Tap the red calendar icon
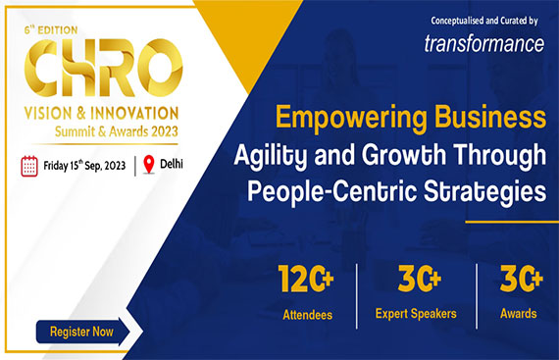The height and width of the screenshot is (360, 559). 29,165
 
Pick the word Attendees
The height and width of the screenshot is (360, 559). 308,314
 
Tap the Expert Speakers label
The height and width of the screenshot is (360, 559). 415,314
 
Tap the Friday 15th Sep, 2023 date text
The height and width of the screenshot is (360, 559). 85,165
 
